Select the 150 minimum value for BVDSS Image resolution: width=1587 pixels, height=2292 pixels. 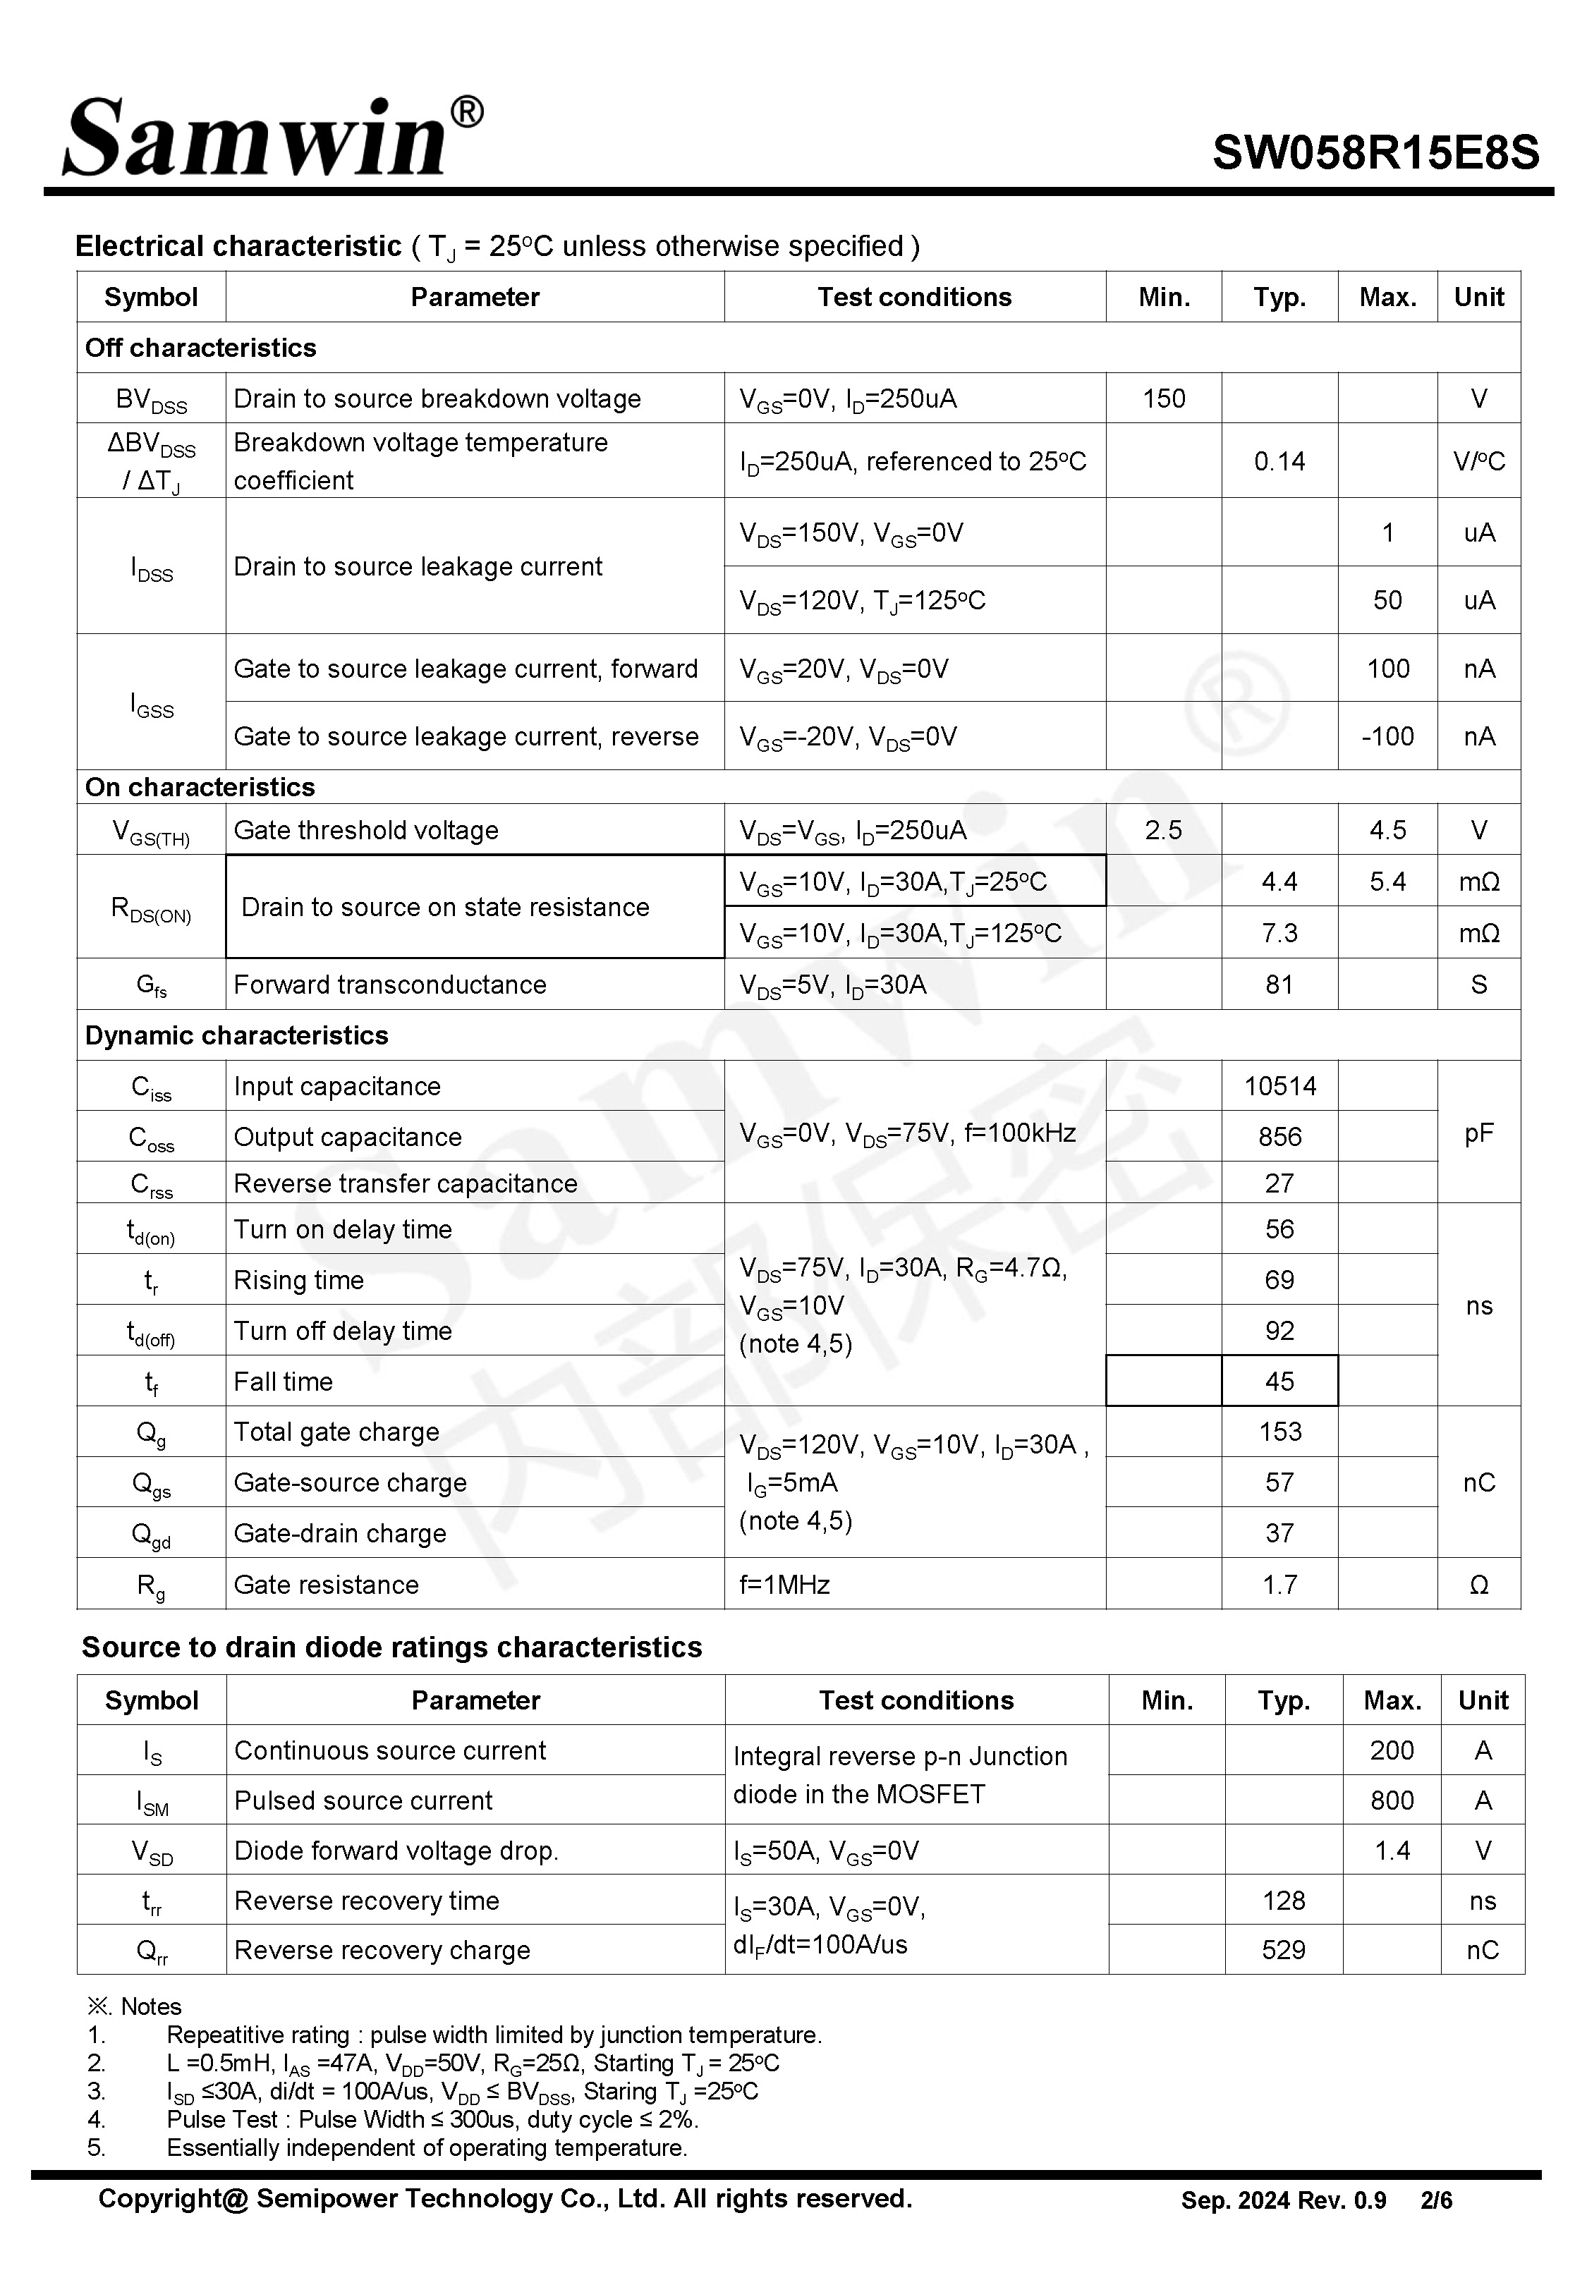pyautogui.click(x=1163, y=398)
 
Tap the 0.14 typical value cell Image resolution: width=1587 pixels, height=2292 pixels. pyautogui.click(x=1279, y=461)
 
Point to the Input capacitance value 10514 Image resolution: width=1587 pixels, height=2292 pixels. pyautogui.click(x=1279, y=1085)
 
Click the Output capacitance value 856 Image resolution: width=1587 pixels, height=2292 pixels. pyautogui.click(x=1279, y=1136)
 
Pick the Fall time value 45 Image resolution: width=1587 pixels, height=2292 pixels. pyautogui.click(x=1279, y=1381)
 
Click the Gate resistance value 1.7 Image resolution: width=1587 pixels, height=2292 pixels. pyautogui.click(x=1279, y=1585)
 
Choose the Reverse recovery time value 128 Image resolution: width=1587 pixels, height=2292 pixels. pyautogui.click(x=1284, y=1901)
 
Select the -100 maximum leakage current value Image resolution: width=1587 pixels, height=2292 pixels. pyautogui.click(x=1387, y=736)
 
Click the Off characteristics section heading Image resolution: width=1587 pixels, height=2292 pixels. pyautogui.click(x=201, y=348)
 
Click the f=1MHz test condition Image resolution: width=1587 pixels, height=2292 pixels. pyautogui.click(x=784, y=1585)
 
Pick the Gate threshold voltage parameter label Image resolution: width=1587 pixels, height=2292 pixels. pyautogui.click(x=366, y=830)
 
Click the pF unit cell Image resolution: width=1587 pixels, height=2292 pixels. pyautogui.click(x=1478, y=1133)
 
